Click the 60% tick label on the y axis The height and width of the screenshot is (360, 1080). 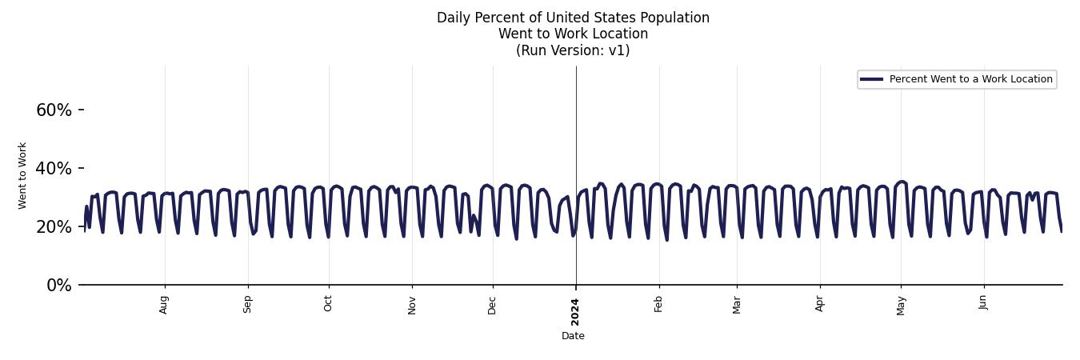[x=54, y=110]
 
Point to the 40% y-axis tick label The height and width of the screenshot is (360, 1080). [x=54, y=169]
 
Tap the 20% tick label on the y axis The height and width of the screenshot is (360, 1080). [x=54, y=227]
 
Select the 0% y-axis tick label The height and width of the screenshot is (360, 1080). [x=58, y=286]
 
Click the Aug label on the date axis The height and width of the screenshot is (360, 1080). [x=164, y=304]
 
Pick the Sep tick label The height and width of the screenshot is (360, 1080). [x=248, y=304]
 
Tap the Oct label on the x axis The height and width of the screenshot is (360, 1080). [x=328, y=304]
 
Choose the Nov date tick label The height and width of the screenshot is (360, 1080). [x=412, y=305]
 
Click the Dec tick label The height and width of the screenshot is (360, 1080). [x=492, y=305]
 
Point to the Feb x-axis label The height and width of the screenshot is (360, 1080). [x=658, y=304]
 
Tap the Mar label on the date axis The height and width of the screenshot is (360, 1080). [x=737, y=304]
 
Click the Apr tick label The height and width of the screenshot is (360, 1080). [x=820, y=304]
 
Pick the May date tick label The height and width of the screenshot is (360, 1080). [x=901, y=305]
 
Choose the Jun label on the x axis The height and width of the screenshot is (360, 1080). [x=983, y=303]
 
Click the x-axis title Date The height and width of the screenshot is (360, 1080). [x=573, y=336]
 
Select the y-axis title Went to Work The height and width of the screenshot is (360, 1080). [x=22, y=176]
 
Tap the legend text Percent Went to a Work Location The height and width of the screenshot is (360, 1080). [x=970, y=79]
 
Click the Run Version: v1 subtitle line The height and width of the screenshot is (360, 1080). [x=573, y=50]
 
